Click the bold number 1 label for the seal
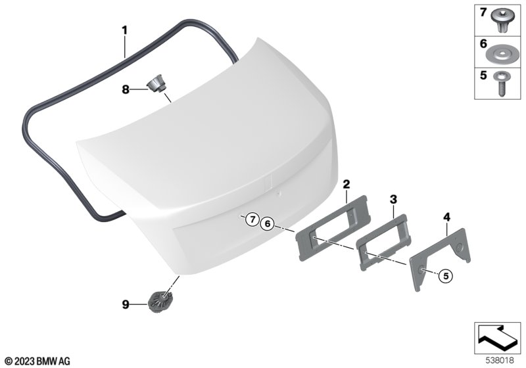[124, 30]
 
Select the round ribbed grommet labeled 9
[160, 302]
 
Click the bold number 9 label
[125, 305]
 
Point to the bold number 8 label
[125, 89]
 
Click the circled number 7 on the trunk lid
[252, 219]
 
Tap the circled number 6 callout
[268, 223]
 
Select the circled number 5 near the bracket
[446, 275]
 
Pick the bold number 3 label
[393, 199]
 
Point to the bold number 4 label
[446, 217]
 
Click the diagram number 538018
[500, 361]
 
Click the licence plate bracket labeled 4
[439, 258]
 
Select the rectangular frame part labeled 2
[332, 228]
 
